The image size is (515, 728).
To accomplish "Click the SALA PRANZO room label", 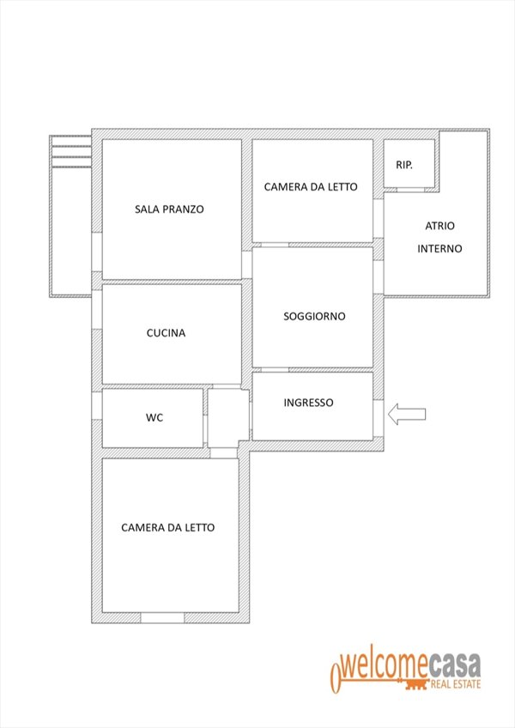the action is tap(169, 209).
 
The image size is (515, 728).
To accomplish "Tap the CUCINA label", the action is tap(166, 333).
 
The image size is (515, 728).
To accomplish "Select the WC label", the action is tap(154, 417).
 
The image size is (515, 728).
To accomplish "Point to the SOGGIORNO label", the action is tap(314, 316).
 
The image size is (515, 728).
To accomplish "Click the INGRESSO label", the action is tap(308, 403).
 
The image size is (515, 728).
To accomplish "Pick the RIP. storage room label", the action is tap(404, 165).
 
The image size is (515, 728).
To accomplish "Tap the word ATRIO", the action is tap(439, 226).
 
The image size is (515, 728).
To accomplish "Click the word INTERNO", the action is tap(439, 249).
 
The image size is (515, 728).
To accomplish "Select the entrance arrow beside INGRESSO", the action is tap(407, 414).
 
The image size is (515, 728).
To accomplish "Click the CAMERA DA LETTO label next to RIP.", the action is tap(311, 187).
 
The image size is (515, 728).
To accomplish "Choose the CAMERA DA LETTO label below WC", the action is tap(167, 528).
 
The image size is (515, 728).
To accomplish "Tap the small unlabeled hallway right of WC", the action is tap(228, 417).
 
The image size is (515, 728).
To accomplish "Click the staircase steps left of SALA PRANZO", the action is tap(70, 152).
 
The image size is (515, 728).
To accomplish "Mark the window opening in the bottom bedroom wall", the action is tap(162, 618).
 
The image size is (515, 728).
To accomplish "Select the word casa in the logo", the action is tap(454, 666).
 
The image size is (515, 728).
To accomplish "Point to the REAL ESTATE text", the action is tap(456, 684).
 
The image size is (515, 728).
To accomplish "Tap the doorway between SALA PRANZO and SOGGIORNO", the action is tap(246, 264).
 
